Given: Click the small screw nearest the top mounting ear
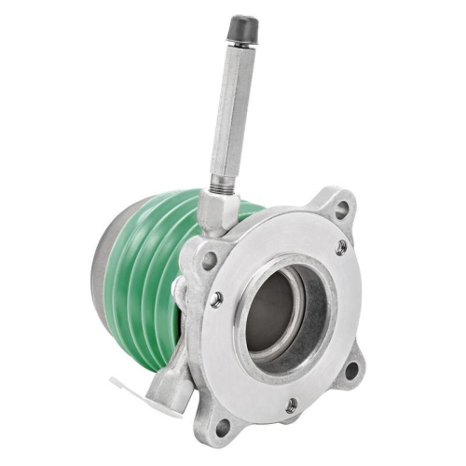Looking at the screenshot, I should [x=341, y=247].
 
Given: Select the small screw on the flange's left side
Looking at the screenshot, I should [x=216, y=299].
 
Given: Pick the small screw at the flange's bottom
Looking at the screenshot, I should [x=291, y=404].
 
